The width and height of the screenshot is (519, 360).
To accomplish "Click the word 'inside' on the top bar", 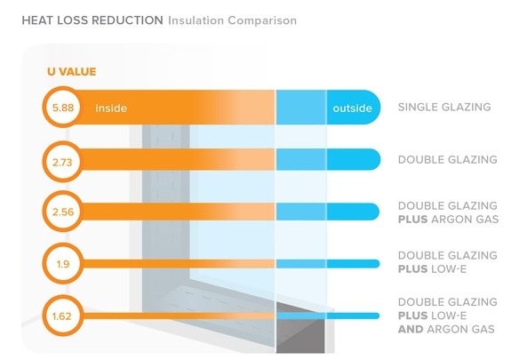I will (x=111, y=108).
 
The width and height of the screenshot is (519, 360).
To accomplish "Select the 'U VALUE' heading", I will (x=72, y=71).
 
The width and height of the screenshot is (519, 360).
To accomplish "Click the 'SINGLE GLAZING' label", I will (x=444, y=108).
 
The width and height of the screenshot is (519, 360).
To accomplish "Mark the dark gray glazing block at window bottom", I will (x=300, y=333).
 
